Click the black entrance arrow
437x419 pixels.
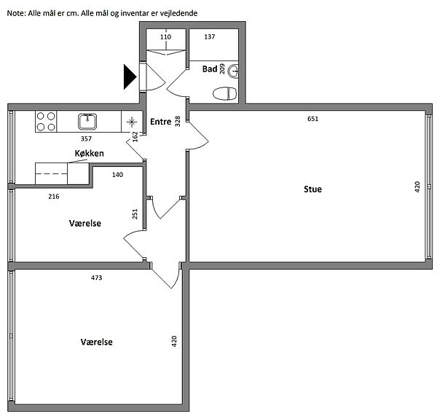pyautogui.click(x=130, y=77)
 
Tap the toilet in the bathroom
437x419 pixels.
pyautogui.click(x=224, y=93)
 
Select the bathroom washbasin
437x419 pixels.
pyautogui.click(x=234, y=71)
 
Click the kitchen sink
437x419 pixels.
pyautogui.click(x=87, y=122)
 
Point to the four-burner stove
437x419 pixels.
pyautogui.click(x=46, y=122)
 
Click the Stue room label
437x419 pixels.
pyautogui.click(x=312, y=189)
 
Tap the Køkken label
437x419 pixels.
pyautogui.click(x=89, y=153)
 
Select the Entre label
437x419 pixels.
pyautogui.click(x=161, y=122)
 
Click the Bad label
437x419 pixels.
pyautogui.click(x=210, y=68)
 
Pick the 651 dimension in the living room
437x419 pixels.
pyautogui.click(x=312, y=119)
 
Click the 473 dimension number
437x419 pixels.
pyautogui.click(x=97, y=278)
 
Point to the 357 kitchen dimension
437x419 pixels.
pyautogui.click(x=86, y=138)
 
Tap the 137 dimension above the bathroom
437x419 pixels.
pyautogui.click(x=210, y=36)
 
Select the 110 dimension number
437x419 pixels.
pyautogui.click(x=165, y=36)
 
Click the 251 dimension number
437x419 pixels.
pyautogui.click(x=135, y=214)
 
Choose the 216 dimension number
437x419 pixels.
pyautogui.click(x=54, y=197)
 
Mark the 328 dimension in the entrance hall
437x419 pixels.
pyautogui.click(x=178, y=121)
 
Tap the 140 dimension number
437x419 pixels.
pyautogui.click(x=117, y=175)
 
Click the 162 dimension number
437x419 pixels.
pyautogui.click(x=135, y=136)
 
